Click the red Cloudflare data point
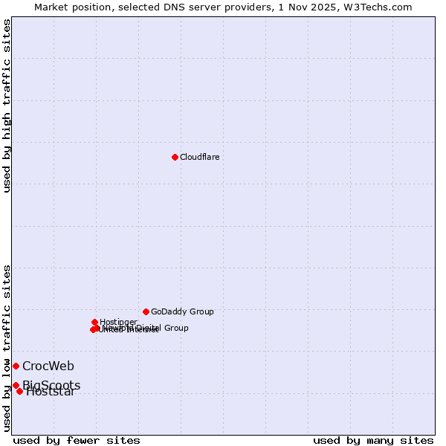[x=175, y=157]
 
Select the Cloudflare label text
[x=199, y=157]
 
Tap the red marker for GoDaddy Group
[x=146, y=311]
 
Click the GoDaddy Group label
[x=182, y=311]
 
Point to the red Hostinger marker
[x=94, y=322]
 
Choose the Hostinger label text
[x=118, y=322]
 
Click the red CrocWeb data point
[x=16, y=366]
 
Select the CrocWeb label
[x=48, y=366]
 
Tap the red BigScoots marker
[x=16, y=385]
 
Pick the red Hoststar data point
[x=19, y=391]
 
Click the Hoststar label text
[x=51, y=392]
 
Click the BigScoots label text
[x=51, y=384]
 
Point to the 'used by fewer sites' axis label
[x=77, y=440]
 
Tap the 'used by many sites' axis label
[x=373, y=440]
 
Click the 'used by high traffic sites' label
[x=7, y=106]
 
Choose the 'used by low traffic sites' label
[x=7, y=348]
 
